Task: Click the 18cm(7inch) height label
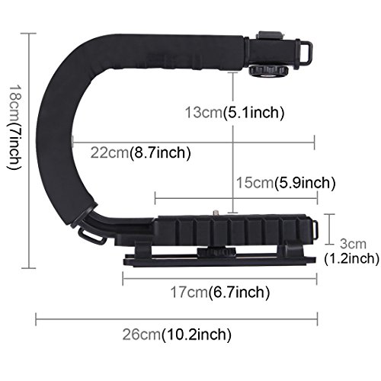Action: tap(15, 127)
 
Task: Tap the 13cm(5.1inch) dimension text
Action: tap(235, 112)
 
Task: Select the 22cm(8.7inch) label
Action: tap(140, 152)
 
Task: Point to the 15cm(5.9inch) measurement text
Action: tap(286, 182)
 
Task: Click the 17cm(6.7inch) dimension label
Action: tap(220, 292)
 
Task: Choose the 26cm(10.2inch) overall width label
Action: tap(177, 335)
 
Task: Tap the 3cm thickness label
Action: tap(353, 244)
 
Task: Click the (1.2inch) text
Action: tap(351, 258)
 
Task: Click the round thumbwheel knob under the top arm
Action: tap(268, 71)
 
